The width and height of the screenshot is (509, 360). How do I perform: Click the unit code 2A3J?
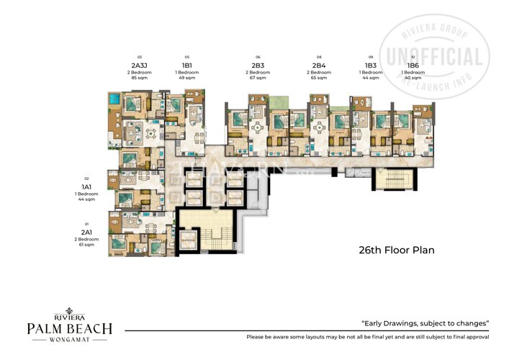tap(140, 63)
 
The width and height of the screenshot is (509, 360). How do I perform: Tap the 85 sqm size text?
tap(140, 78)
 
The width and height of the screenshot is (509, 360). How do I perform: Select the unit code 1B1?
tap(187, 63)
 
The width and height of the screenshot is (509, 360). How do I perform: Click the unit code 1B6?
tap(413, 63)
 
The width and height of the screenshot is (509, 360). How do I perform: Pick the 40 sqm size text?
tap(413, 78)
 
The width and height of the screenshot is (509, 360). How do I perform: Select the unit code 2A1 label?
tap(87, 232)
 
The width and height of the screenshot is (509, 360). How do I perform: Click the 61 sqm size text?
tap(87, 246)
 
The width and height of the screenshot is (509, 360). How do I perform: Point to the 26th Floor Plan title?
tap(397, 251)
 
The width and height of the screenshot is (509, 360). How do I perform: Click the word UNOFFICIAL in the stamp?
tap(435, 57)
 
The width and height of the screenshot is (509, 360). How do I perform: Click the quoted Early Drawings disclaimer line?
tap(425, 323)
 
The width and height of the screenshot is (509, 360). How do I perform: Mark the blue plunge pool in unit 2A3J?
tap(113, 98)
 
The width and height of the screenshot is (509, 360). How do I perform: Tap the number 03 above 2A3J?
tap(140, 56)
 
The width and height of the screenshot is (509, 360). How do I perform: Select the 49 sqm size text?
tap(187, 78)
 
